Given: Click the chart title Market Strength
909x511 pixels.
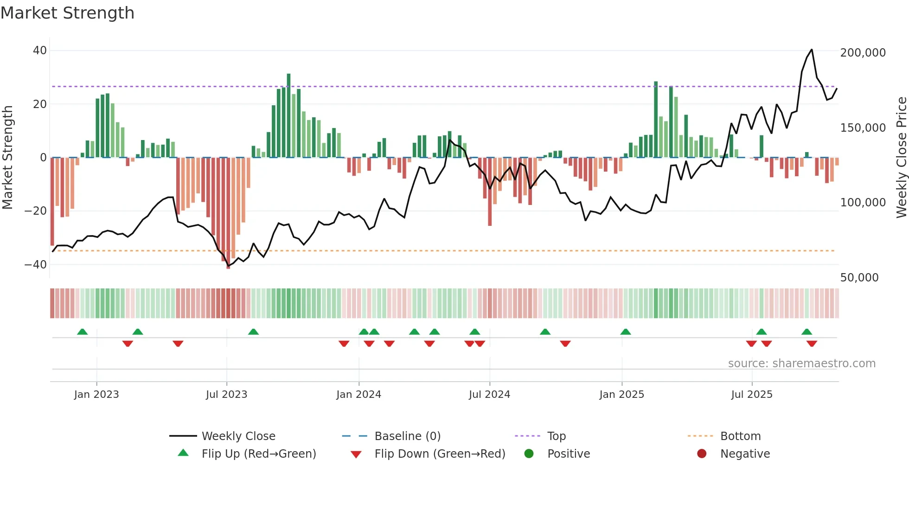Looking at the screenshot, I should tap(67, 13).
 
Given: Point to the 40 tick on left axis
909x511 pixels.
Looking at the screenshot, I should tap(40, 51).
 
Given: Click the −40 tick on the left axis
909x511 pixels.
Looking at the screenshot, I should tap(36, 265).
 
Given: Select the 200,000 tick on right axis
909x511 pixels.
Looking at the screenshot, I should tap(863, 53).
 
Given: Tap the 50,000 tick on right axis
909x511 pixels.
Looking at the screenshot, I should tap(859, 278).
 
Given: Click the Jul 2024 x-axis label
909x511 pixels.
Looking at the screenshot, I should tap(489, 395).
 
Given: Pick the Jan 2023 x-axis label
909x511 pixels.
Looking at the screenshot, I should tap(96, 395).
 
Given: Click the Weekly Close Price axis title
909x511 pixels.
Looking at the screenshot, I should tap(901, 158).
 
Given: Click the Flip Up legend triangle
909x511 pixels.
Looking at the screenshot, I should tap(183, 453).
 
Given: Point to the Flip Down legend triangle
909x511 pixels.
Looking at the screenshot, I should tap(356, 454).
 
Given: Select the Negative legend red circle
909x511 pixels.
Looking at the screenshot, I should tap(702, 454).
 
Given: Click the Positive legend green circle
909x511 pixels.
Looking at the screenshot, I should tap(529, 454).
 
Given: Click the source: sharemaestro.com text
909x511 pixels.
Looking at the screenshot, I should tap(801, 364).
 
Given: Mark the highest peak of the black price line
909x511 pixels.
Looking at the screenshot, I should tap(812, 50).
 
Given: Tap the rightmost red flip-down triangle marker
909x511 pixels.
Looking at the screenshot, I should tap(812, 344).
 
